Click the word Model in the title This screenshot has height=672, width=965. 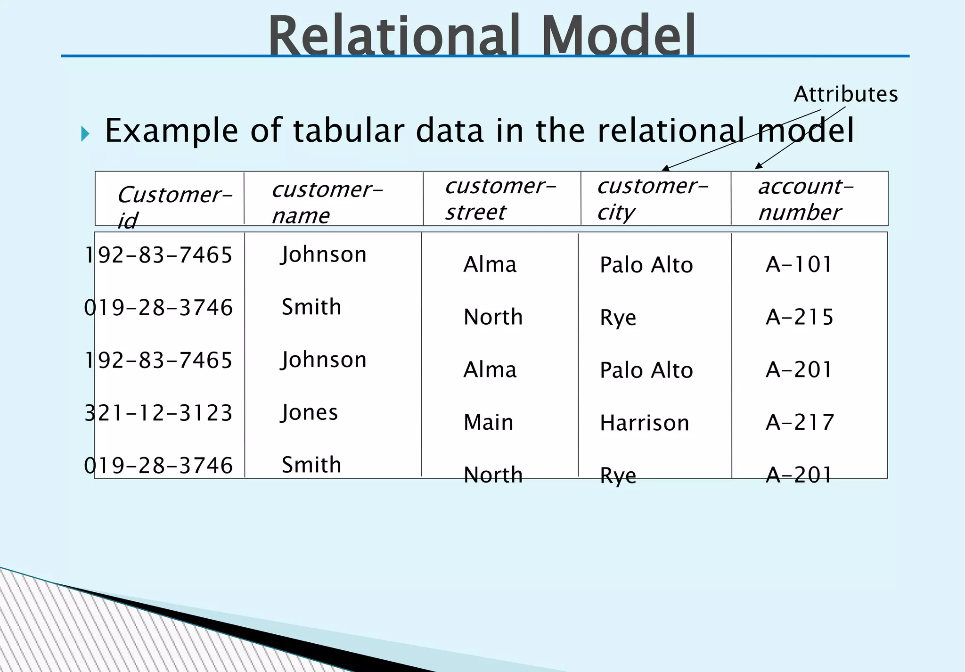(x=618, y=36)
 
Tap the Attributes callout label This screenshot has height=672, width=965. (x=845, y=94)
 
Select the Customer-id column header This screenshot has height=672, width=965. (x=174, y=206)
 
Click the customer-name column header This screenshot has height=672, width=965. (x=327, y=202)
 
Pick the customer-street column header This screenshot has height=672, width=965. (x=500, y=199)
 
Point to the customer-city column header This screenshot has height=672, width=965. (x=653, y=199)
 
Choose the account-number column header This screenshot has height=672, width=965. (x=806, y=199)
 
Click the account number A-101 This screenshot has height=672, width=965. (x=799, y=264)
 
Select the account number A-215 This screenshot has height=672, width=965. (x=800, y=317)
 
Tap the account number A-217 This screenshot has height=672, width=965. (x=800, y=422)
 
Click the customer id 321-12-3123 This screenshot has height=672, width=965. (x=158, y=413)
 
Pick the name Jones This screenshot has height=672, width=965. (x=310, y=413)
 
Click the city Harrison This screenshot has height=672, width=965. (x=644, y=423)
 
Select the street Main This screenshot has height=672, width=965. (x=488, y=422)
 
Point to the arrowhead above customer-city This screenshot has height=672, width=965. (x=665, y=168)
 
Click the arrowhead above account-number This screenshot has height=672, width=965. (x=758, y=165)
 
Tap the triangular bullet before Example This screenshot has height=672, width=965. (x=85, y=134)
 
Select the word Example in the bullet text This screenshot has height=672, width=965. (x=172, y=131)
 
